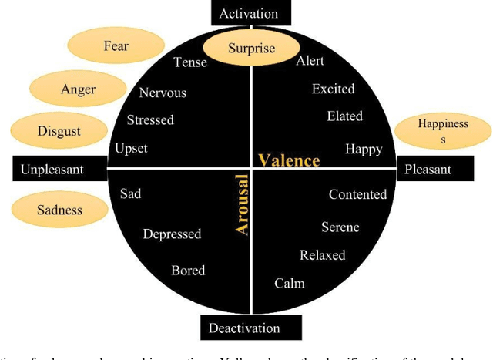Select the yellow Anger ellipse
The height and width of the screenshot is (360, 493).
tap(78, 89)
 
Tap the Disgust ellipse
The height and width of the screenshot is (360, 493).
tap(59, 131)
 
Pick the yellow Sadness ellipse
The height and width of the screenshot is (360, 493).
tap(59, 209)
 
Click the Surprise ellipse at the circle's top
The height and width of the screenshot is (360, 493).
tap(251, 49)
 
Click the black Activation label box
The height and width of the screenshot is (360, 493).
tap(248, 13)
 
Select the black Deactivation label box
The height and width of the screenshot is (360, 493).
tap(244, 328)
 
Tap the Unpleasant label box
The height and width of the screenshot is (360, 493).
tap(52, 169)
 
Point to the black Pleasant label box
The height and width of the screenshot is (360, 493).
tap(443, 169)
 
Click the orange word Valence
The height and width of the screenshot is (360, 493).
tap(289, 160)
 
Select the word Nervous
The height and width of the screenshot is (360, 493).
tap(163, 93)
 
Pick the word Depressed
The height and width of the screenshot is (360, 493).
tap(172, 234)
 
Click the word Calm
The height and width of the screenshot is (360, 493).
tap(290, 283)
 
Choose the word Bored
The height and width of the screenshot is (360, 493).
tap(188, 270)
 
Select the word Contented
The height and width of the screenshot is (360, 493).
tap(357, 194)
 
